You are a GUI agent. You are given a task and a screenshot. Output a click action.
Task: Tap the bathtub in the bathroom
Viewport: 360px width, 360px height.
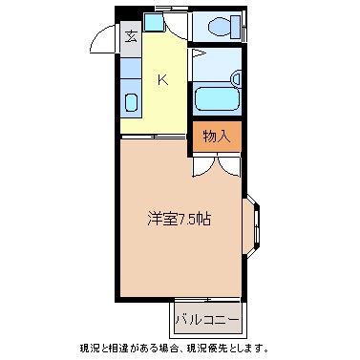[215, 99]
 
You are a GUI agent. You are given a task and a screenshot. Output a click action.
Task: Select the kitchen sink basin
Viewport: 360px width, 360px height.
[131, 103]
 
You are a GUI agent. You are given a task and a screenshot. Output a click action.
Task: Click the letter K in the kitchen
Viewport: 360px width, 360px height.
[162, 79]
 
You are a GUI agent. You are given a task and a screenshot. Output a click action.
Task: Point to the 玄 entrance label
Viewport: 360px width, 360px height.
[130, 39]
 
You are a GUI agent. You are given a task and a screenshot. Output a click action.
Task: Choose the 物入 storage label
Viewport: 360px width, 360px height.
[216, 136]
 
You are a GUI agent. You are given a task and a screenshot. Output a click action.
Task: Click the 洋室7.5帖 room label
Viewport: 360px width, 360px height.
[179, 218]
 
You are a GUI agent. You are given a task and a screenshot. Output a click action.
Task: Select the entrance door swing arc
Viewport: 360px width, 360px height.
[102, 42]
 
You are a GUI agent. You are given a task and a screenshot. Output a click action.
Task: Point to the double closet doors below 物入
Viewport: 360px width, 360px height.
[216, 163]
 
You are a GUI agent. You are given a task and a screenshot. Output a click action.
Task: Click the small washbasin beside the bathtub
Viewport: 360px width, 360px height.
[235, 80]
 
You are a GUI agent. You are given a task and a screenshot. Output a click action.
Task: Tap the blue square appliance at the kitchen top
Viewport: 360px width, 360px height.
[154, 21]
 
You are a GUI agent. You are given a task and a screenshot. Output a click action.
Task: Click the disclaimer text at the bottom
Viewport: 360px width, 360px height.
[180, 348]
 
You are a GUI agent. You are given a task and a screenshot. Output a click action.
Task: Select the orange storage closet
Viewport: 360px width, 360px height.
[216, 136]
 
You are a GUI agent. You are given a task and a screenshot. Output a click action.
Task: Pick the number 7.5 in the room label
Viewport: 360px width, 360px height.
[191, 219]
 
